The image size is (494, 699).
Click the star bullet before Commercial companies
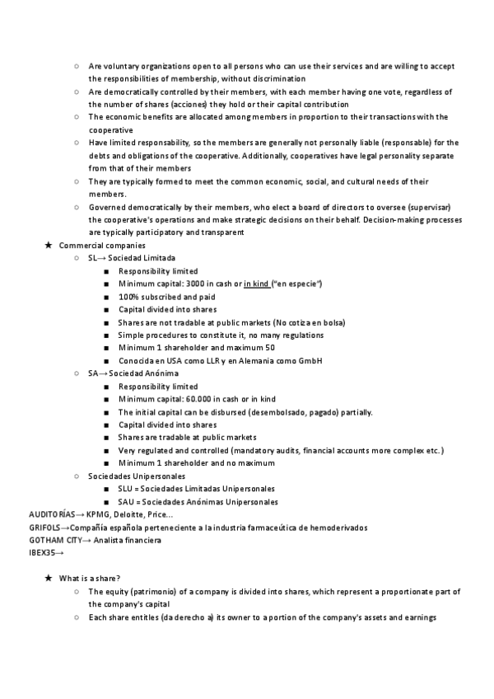coord(49,246)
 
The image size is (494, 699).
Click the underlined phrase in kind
coord(257,284)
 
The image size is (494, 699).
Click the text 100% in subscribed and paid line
coord(128,297)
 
